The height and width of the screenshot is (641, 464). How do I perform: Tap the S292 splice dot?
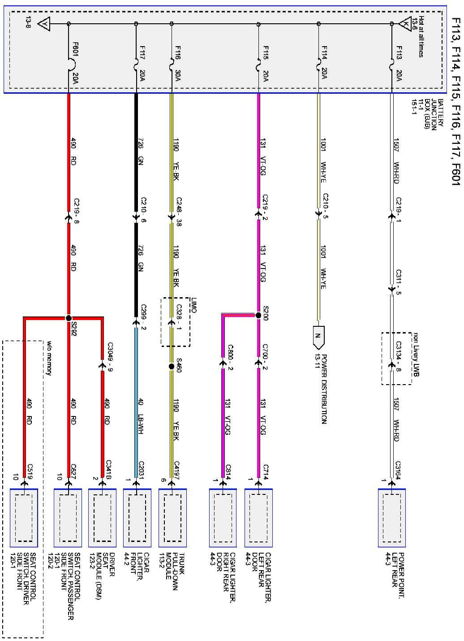point(69,318)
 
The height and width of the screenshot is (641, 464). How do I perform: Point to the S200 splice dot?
point(258,315)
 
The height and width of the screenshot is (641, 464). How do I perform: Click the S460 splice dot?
point(171,366)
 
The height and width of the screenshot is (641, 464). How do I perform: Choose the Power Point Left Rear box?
point(392,518)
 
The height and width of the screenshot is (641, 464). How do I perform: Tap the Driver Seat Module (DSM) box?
point(102,518)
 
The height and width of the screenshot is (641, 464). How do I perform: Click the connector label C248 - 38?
point(178,212)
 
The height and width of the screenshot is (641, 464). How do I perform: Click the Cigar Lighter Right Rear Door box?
point(223,518)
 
